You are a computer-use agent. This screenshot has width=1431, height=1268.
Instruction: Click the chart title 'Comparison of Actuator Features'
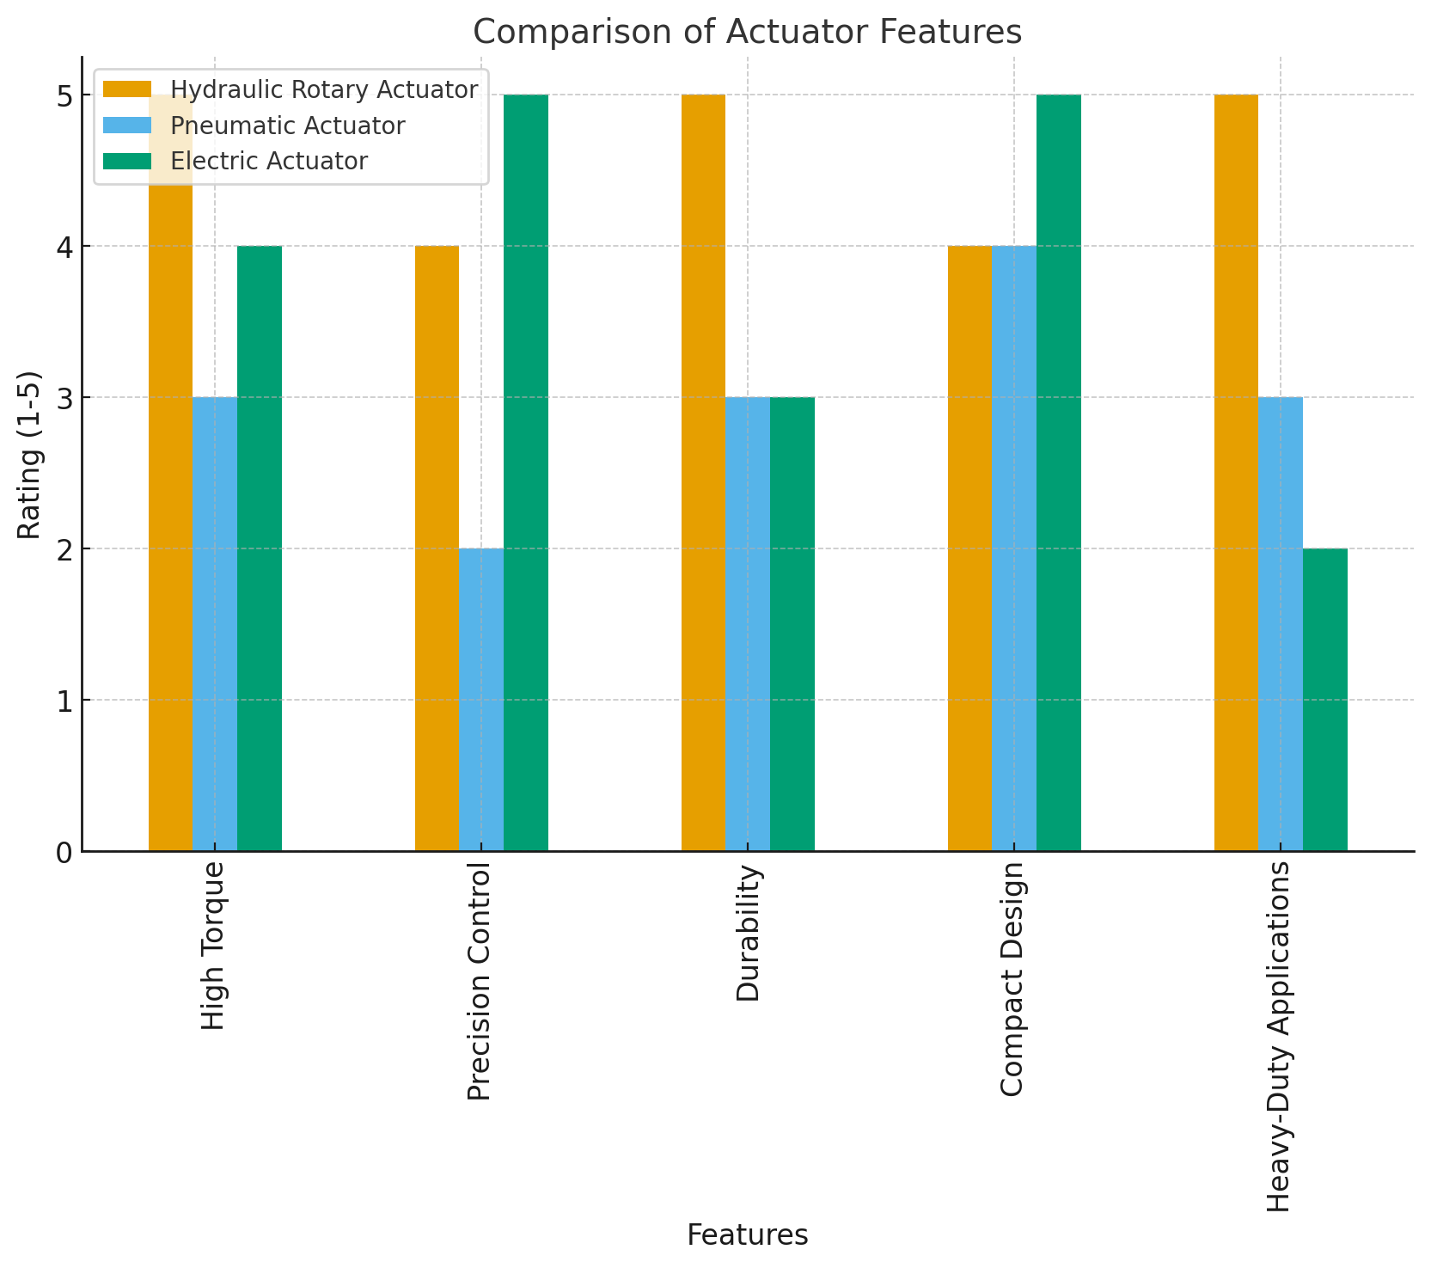(x=747, y=32)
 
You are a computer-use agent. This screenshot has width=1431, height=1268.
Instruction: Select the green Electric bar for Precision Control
(x=526, y=473)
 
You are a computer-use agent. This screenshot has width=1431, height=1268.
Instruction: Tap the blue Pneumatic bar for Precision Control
(x=481, y=700)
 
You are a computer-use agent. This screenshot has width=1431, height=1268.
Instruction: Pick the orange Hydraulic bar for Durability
(x=703, y=473)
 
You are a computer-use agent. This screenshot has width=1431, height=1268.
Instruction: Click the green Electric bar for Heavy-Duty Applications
(x=1325, y=700)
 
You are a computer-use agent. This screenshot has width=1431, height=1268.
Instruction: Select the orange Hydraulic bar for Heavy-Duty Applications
(x=1236, y=473)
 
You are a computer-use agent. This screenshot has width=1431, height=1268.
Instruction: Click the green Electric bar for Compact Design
(x=1059, y=473)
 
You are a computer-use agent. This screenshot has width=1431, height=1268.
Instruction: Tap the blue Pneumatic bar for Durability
(x=748, y=624)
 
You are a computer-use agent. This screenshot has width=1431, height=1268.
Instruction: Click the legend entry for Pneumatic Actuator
(x=287, y=126)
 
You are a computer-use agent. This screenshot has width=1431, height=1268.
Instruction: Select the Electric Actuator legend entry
(x=269, y=161)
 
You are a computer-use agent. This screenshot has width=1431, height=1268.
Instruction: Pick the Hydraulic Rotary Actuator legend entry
(x=323, y=90)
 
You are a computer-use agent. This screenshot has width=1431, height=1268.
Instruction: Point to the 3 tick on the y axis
(x=65, y=398)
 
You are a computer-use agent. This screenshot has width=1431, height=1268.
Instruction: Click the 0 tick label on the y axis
(x=65, y=852)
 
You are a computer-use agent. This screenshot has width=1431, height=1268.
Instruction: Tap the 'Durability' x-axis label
(x=749, y=934)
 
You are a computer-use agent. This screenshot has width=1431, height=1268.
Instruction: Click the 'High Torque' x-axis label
(x=213, y=946)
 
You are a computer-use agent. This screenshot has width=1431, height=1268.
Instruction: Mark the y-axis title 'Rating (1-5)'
(x=29, y=455)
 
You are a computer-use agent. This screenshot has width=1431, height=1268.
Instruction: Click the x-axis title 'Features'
(x=747, y=1235)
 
